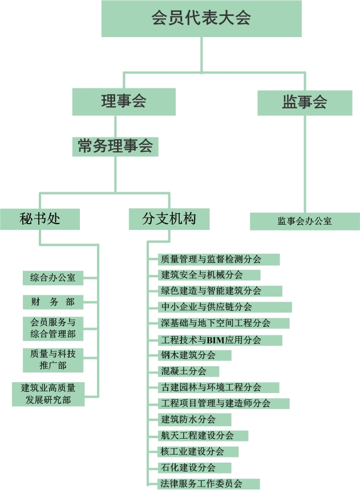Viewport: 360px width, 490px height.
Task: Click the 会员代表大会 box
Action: [201, 18]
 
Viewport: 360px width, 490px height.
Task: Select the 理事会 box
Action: [124, 102]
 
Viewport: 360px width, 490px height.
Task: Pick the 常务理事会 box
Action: [115, 146]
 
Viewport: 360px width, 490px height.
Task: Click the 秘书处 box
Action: [39, 218]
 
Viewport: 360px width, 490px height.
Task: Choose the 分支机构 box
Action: [169, 218]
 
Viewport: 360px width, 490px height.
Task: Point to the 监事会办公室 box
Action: [305, 221]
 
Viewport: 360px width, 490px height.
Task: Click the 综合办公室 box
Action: [52, 278]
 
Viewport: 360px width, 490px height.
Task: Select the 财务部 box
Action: [52, 302]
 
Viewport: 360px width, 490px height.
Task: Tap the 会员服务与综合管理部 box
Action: [52, 328]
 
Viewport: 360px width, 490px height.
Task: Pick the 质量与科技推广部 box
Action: [52, 359]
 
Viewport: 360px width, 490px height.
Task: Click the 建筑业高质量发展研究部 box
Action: [48, 394]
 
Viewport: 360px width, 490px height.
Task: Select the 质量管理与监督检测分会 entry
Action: [219, 259]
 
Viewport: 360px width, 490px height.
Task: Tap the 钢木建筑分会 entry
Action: [195, 355]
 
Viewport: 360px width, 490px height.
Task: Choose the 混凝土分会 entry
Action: [188, 371]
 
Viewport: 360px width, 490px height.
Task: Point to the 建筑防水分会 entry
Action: [195, 419]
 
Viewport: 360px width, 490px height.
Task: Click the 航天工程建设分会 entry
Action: [203, 435]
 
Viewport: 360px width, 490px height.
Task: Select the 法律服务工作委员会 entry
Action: [208, 484]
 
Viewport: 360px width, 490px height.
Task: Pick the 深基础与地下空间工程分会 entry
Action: [224, 323]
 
